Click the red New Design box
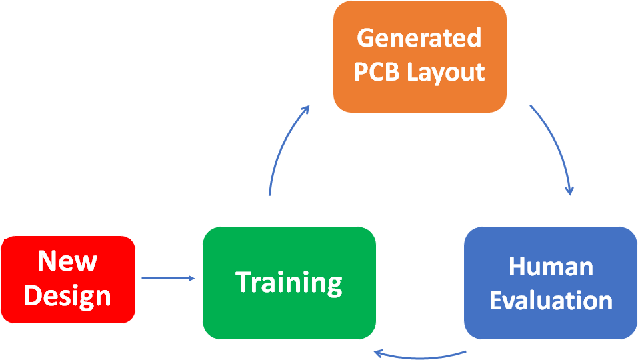(68, 279)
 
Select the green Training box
(289, 283)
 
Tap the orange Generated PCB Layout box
(419, 56)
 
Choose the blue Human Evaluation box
(550, 283)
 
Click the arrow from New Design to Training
(167, 279)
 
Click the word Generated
(419, 38)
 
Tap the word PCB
(377, 72)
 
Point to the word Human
(550, 267)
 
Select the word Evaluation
(550, 300)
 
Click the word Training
(289, 283)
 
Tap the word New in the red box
(67, 261)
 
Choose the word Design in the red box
(67, 296)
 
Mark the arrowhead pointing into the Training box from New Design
(192, 279)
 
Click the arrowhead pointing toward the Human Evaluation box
(569, 191)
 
